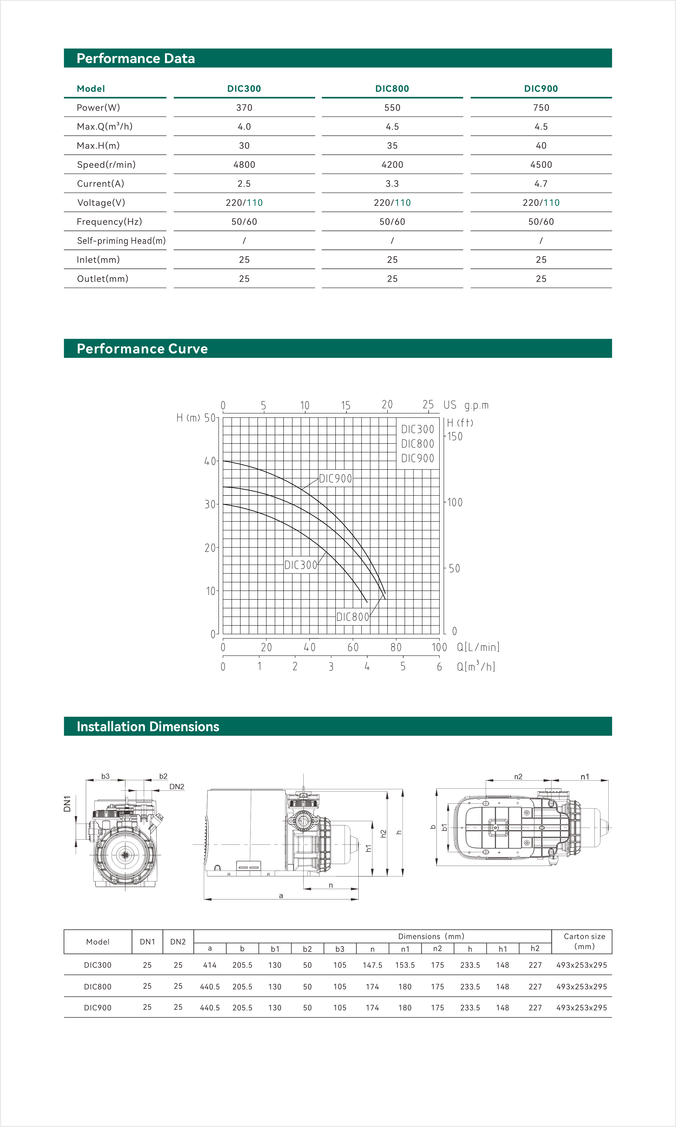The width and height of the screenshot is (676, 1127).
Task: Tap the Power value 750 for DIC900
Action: pos(541,108)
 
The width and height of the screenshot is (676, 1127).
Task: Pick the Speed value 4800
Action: pos(244,164)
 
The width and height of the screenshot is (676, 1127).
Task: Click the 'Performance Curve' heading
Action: pos(142,349)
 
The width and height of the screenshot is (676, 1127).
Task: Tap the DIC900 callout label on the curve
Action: pos(335,478)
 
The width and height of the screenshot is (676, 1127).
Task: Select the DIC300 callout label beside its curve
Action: pos(301,565)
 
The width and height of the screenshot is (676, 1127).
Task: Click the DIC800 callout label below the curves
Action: pos(352,617)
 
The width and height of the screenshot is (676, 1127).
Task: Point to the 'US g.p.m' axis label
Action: pos(465,405)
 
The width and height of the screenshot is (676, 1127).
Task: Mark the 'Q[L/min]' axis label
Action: pos(478,647)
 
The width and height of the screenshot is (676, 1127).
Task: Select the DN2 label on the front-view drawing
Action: pos(177,786)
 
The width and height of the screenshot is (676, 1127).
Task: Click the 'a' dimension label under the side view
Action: pos(281,896)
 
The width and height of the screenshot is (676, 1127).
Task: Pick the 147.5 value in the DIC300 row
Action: pos(372,965)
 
